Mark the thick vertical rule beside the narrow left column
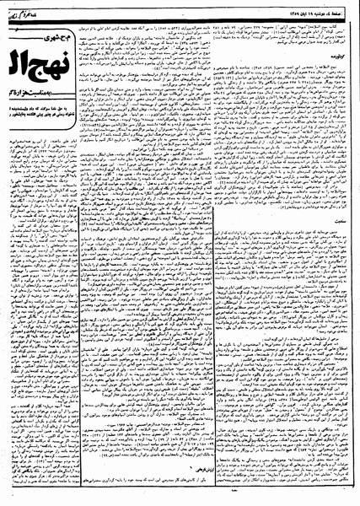[85, 295]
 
